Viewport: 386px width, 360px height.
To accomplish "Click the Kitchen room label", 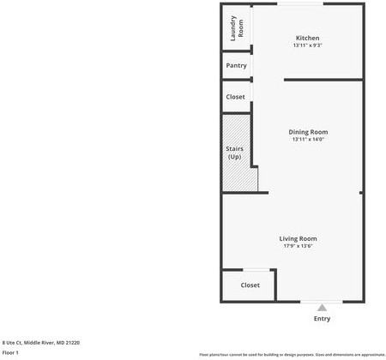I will (307, 39).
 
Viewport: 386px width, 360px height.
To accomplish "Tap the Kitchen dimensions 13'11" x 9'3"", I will (307, 46).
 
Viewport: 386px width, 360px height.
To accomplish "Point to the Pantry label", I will (236, 66).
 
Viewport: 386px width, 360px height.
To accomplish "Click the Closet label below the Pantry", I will (235, 97).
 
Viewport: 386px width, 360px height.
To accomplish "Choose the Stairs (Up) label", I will (234, 153).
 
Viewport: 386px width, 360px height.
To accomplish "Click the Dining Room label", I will (308, 132).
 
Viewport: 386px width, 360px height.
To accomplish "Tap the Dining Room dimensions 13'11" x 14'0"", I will (308, 140).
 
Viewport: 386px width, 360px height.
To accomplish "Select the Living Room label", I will (298, 238).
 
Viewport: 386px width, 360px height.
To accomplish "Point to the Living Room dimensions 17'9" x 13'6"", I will (298, 246).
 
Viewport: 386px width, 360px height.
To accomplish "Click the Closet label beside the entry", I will (250, 285).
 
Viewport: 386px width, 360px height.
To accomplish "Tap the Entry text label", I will (322, 319).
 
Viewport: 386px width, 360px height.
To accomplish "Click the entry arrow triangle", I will (322, 307).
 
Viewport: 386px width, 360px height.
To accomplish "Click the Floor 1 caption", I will (10, 352).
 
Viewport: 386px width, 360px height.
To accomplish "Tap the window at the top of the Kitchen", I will (300, 4).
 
